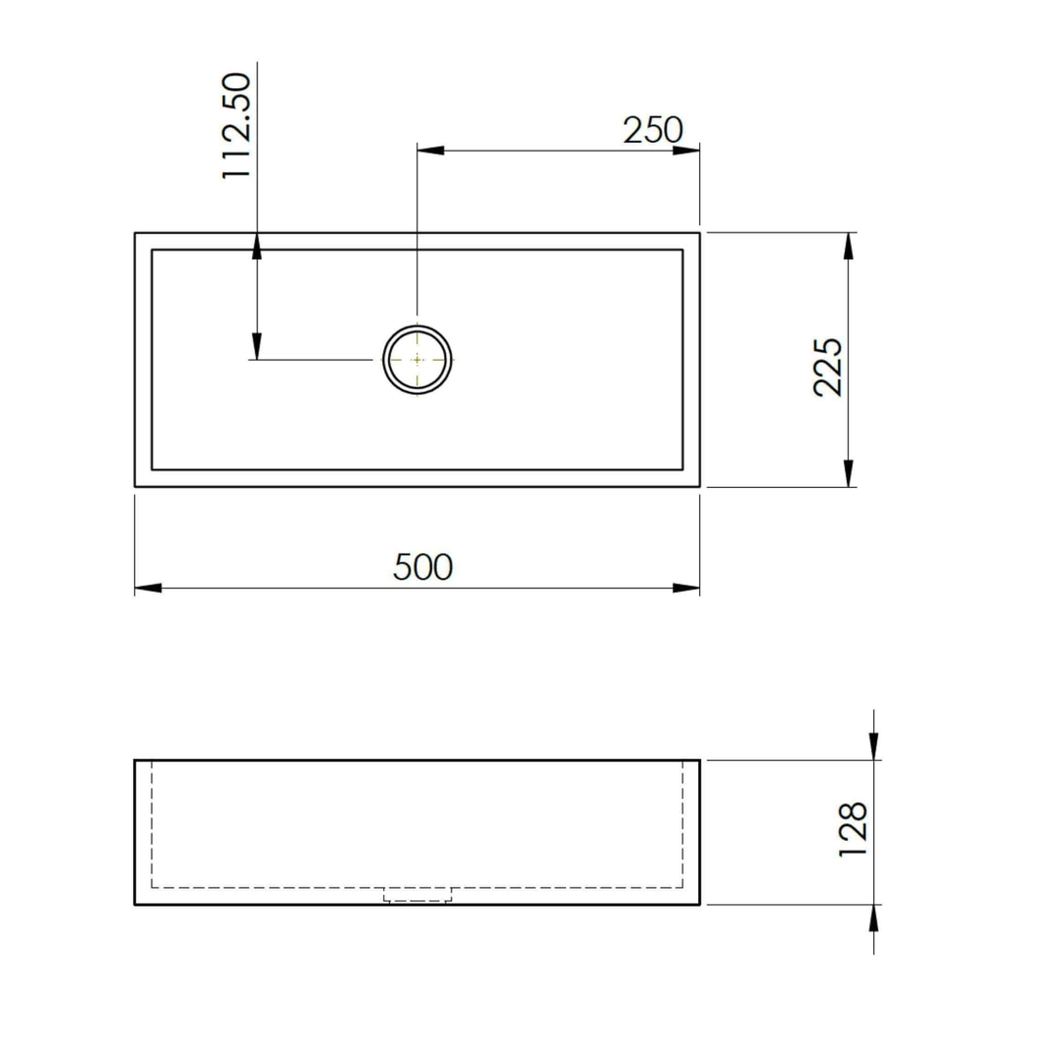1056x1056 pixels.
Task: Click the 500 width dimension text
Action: [422, 566]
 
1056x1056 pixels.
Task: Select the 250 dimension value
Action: [652, 130]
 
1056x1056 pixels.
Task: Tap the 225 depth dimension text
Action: [828, 367]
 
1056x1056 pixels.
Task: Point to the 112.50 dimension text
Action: [237, 125]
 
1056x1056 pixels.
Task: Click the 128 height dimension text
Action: [854, 830]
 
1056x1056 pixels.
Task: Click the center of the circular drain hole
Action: [418, 360]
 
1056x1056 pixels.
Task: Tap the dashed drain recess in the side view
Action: [418, 895]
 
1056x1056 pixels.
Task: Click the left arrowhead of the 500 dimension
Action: [148, 588]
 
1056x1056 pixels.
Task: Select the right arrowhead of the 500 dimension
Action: [686, 588]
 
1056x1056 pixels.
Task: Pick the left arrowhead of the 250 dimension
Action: [430, 151]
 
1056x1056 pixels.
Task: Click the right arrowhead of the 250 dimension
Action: [686, 151]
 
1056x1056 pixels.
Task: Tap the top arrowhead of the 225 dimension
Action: [848, 246]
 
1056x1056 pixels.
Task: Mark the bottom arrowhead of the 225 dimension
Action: [848, 473]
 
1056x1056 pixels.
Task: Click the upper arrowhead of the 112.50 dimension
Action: [256, 246]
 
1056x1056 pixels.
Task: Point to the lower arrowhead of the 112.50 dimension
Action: [256, 346]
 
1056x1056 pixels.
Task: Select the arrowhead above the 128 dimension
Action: [873, 747]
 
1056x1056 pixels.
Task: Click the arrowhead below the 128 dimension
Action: [873, 918]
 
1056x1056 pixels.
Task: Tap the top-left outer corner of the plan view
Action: [135, 233]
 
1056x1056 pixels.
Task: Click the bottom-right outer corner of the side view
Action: [699, 905]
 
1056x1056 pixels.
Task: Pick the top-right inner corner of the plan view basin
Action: [682, 250]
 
